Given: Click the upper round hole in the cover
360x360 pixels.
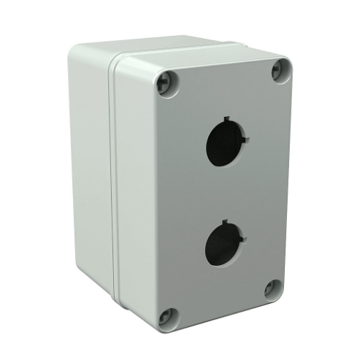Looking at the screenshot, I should [x=226, y=139].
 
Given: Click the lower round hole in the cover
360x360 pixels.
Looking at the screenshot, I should [x=225, y=245].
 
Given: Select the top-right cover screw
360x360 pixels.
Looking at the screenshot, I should [x=278, y=70].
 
